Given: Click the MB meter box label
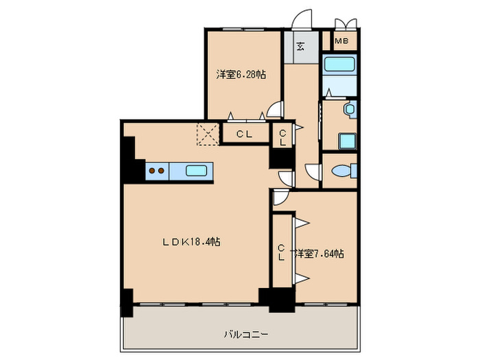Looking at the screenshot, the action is click(341, 40).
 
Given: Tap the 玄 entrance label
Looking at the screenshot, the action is click(300, 46).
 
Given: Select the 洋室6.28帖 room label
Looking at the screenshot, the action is click(241, 74).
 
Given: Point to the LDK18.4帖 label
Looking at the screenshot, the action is click(191, 242).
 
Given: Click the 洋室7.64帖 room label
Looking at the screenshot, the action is click(320, 254).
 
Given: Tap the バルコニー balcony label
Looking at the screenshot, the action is click(246, 334).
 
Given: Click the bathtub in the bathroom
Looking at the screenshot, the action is click(339, 64).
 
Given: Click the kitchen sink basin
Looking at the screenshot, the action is click(196, 171).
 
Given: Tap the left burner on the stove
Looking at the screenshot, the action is click(152, 171).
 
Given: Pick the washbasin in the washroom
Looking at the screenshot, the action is click(350, 109).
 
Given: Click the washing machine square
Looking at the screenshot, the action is click(347, 141).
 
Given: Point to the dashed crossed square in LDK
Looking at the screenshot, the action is click(208, 134).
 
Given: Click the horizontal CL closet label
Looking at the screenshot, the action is click(244, 134).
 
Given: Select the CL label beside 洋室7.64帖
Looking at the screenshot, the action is click(281, 252).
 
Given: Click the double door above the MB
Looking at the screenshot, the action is click(346, 25).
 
